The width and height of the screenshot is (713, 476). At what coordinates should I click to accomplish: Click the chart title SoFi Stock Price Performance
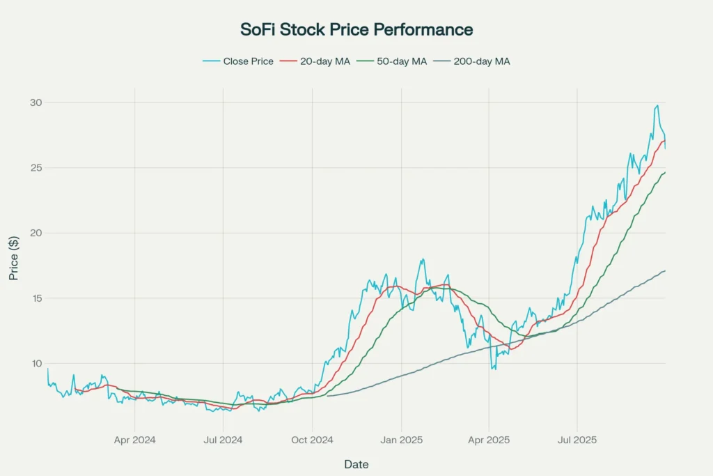(356, 29)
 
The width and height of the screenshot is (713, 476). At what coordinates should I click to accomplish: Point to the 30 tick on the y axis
(36, 103)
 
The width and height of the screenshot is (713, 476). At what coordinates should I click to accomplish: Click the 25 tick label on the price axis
(36, 168)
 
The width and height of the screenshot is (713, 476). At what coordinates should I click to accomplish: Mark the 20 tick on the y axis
(36, 233)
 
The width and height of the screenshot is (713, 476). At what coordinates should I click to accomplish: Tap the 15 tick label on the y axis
(36, 298)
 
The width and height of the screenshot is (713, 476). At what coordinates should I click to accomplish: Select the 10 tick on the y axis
(36, 363)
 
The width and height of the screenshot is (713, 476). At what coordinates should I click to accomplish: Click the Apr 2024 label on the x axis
(134, 440)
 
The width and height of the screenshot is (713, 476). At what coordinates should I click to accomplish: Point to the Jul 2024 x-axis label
(223, 440)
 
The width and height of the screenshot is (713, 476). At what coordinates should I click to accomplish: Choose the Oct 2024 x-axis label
(312, 440)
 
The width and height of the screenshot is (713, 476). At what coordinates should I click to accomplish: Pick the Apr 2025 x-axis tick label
(489, 440)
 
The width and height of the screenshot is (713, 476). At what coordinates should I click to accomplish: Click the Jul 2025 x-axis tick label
(577, 440)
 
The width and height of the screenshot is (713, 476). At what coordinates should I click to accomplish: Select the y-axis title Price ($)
(14, 257)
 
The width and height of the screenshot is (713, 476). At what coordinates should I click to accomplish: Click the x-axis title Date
(356, 464)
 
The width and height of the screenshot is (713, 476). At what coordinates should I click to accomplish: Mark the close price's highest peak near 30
(657, 106)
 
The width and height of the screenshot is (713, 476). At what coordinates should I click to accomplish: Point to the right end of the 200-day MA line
(665, 270)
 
